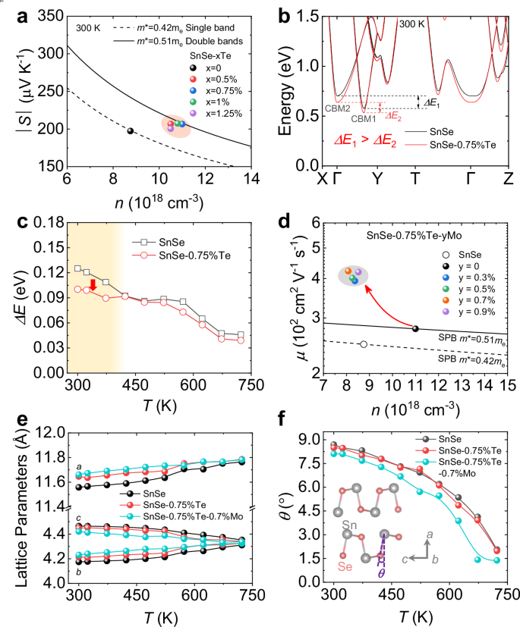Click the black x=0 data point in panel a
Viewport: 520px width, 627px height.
(x=130, y=131)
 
